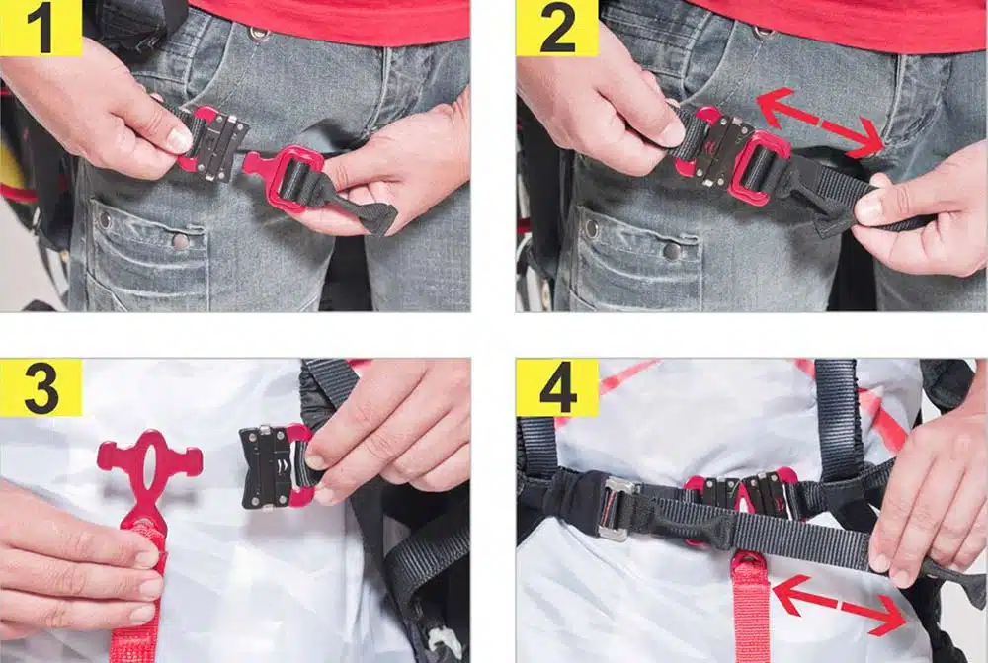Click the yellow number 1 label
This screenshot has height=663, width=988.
click(41, 28)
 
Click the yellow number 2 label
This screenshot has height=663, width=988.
click(557, 28)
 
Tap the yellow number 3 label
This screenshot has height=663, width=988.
click(41, 387)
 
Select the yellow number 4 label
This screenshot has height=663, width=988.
click(557, 387)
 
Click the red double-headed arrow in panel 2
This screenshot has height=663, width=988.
click(821, 123)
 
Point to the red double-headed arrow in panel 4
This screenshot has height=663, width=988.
click(839, 605)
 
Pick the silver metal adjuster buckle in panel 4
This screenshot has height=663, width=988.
click(615, 508)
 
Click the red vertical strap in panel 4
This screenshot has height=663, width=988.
click(751, 609)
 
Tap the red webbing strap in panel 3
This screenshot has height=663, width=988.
click(139, 593)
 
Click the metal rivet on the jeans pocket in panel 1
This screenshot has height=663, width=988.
click(180, 241)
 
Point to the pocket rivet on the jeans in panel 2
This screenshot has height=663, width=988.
click(672, 251)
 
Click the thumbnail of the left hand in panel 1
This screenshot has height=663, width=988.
click(178, 140)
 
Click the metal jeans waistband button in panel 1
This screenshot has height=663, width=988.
click(258, 34)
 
